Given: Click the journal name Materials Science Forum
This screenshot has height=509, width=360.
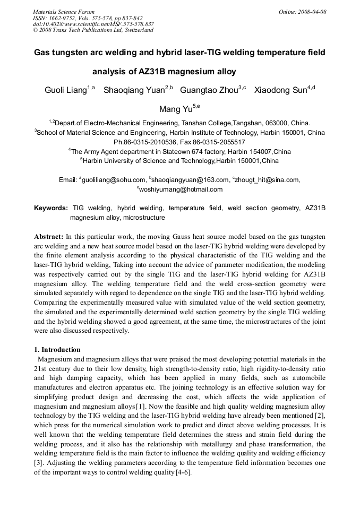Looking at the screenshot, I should point(64,12).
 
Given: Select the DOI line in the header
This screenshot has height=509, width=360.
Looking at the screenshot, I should point(93,24).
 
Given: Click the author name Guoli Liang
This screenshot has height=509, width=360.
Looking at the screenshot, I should point(65,90).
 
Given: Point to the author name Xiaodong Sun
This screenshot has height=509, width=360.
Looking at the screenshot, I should point(280,90).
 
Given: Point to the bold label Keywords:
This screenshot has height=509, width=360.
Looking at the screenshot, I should point(51,208).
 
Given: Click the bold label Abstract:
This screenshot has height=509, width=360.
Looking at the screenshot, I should point(48,236).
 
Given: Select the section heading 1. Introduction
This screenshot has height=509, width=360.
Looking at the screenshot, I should point(57,350).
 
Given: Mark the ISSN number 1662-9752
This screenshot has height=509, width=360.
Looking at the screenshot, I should point(63,18).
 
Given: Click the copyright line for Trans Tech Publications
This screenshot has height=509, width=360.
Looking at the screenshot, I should point(93,30).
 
